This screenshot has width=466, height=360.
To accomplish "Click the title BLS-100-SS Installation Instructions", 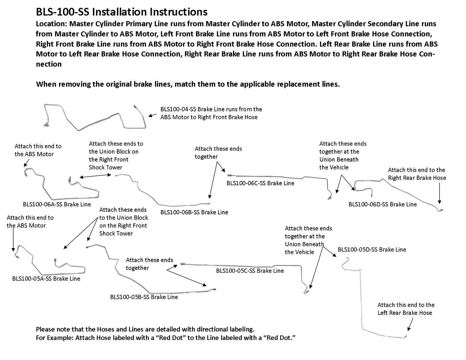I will pyautogui.click(x=122, y=12).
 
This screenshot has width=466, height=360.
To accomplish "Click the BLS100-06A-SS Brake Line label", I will pyautogui.click(x=57, y=204).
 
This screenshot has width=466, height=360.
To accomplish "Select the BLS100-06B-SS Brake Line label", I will pyautogui.click(x=194, y=212).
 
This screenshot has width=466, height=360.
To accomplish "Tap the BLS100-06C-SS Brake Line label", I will pyautogui.click(x=260, y=183).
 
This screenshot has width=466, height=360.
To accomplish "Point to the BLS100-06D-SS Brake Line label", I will pyautogui.click(x=382, y=204).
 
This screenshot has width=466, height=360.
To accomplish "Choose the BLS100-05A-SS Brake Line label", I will pyautogui.click(x=46, y=278).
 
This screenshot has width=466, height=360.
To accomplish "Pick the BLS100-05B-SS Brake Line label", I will pyautogui.click(x=144, y=297).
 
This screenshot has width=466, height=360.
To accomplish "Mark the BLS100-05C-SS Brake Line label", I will pyautogui.click(x=250, y=270).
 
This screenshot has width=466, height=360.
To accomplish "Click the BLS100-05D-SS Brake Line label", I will pyautogui.click(x=372, y=249).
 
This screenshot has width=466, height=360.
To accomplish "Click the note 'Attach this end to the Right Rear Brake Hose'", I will pyautogui.click(x=416, y=174).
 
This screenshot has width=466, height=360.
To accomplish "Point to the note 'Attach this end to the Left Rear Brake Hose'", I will pyautogui.click(x=406, y=309).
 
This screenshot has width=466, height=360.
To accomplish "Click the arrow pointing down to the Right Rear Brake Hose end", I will pyautogui.click(x=440, y=193).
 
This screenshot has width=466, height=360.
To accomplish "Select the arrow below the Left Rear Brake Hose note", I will pyautogui.click(x=411, y=324).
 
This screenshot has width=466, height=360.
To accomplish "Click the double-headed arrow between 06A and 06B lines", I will pyautogui.click(x=95, y=176).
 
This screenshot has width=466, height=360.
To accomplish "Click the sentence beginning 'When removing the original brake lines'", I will pyautogui.click(x=188, y=84).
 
